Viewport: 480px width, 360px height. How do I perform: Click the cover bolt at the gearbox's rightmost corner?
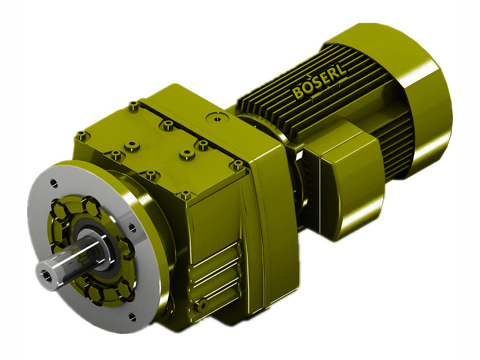[238, 163]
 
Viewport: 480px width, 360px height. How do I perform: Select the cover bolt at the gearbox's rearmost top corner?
[133, 106]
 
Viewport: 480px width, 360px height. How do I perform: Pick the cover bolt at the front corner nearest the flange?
[185, 194]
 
